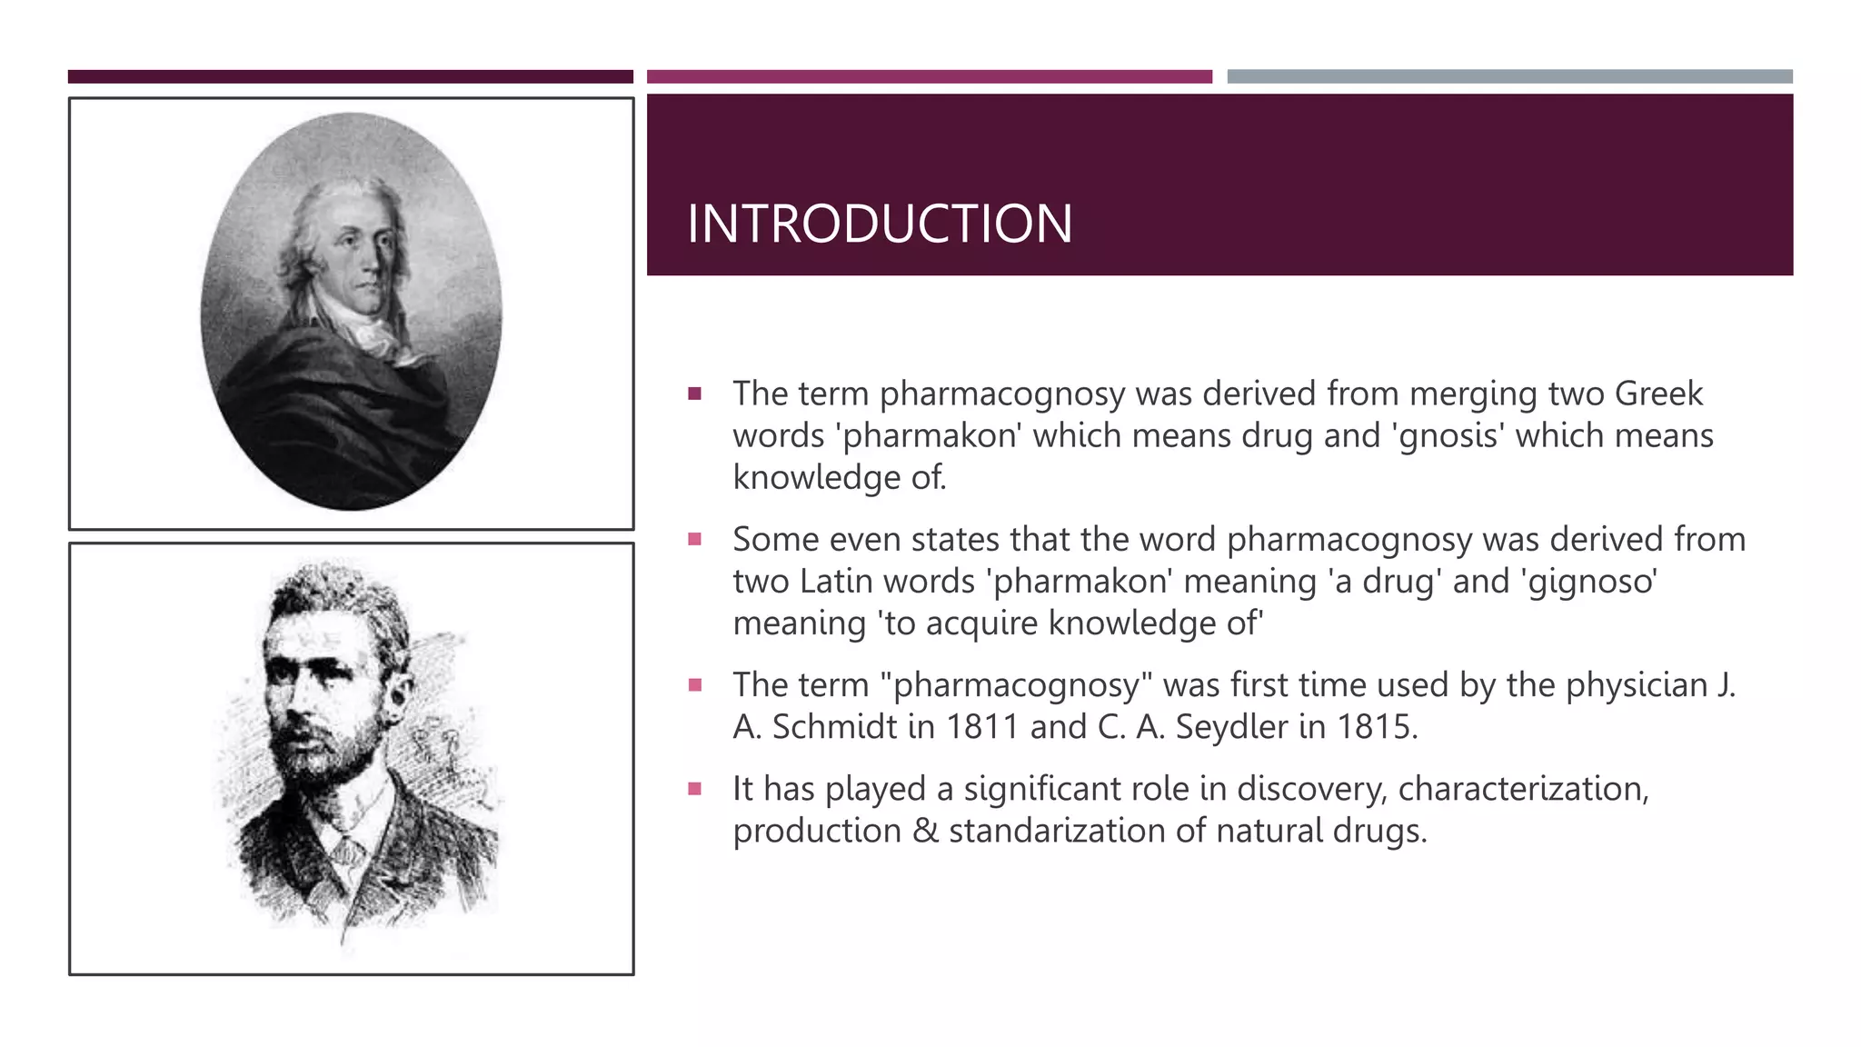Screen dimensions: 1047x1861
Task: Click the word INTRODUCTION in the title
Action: [x=879, y=224]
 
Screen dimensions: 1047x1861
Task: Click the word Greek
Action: [x=1658, y=394]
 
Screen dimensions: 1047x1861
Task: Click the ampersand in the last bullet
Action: [x=925, y=831]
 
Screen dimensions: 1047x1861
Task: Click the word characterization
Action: [x=1522, y=789]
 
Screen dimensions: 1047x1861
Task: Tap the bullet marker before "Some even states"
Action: [x=695, y=539]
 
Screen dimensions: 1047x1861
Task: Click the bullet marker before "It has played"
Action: [x=695, y=789]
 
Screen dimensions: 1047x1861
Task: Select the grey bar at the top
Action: [x=1509, y=76]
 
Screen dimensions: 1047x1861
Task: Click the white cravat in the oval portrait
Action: [x=373, y=332]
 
